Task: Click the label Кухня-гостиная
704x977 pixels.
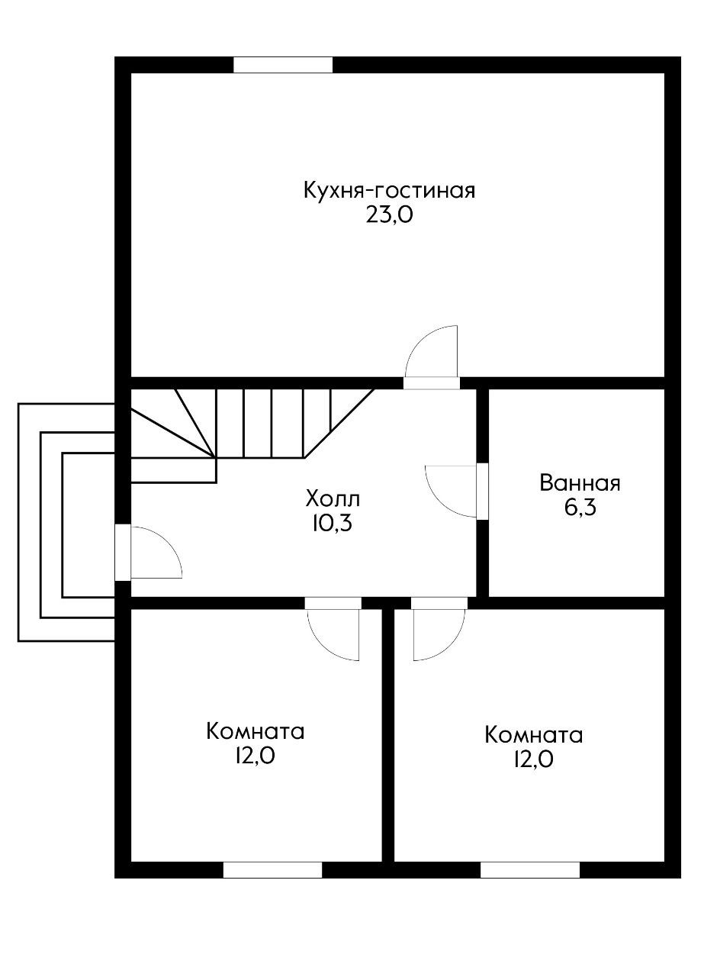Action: pos(389,190)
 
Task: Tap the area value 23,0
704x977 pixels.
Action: pos(389,215)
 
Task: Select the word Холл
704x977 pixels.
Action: pos(332,500)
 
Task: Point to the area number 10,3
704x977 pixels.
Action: pos(332,524)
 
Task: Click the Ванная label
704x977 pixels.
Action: pos(580,483)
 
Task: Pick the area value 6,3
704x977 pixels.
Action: pos(580,508)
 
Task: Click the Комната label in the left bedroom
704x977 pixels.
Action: pos(256,731)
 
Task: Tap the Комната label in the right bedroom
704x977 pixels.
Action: pos(534,735)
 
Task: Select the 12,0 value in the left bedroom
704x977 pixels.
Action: pos(256,756)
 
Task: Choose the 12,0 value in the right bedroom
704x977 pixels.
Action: pos(534,760)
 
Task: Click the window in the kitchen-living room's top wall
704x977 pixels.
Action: pos(283,65)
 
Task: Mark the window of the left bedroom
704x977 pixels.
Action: pos(272,869)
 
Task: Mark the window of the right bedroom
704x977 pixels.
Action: pos(529,869)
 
